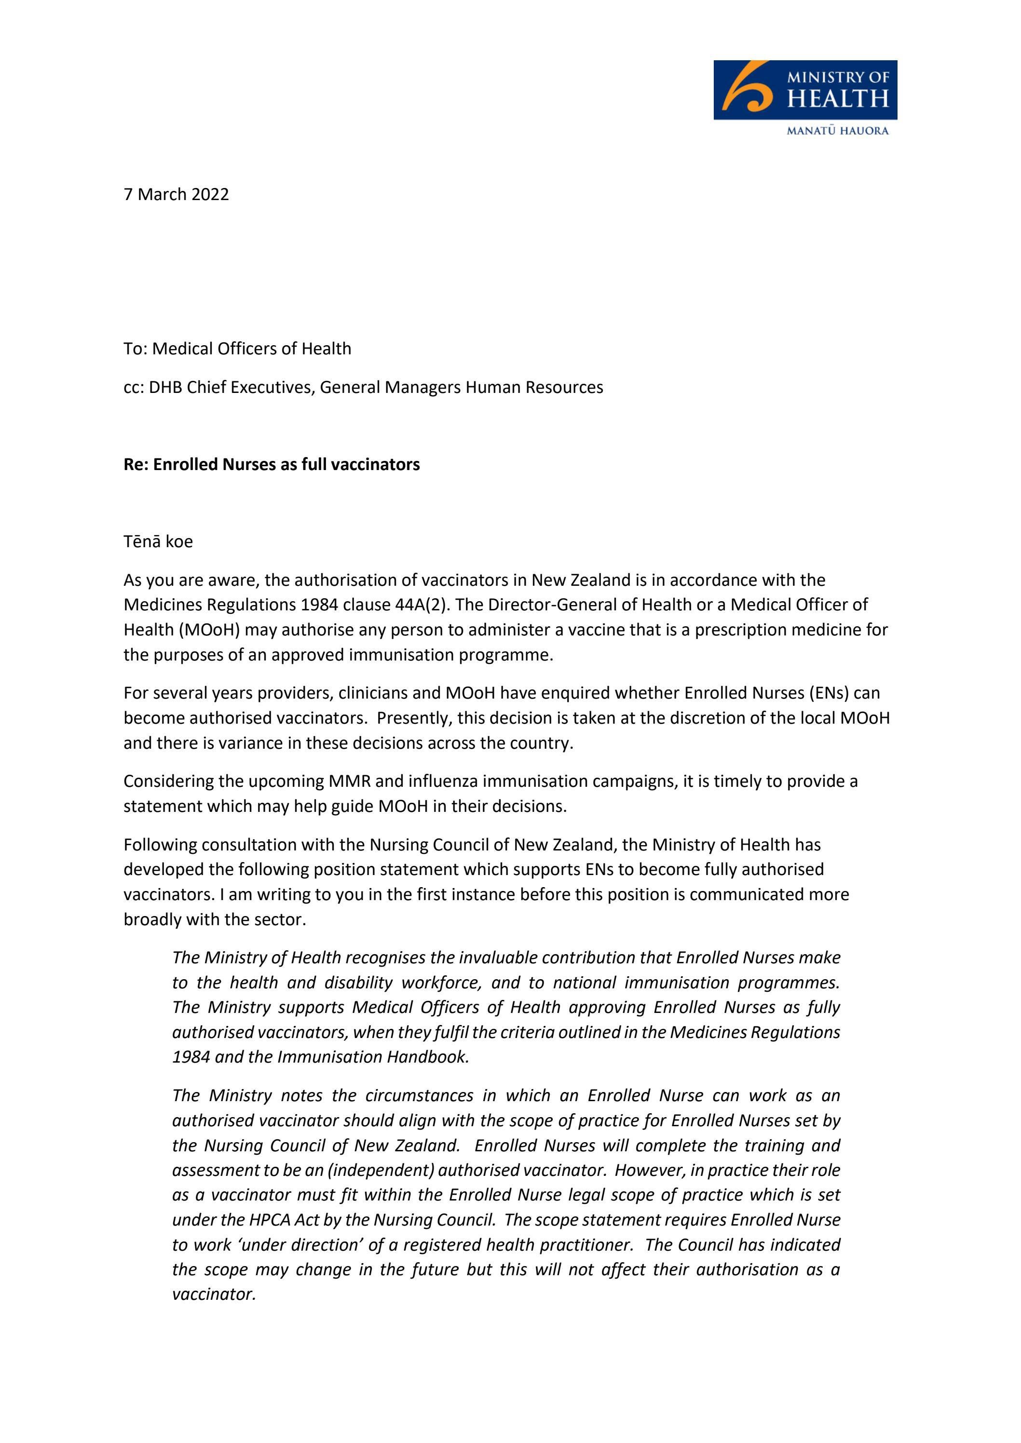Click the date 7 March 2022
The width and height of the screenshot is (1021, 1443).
(x=176, y=194)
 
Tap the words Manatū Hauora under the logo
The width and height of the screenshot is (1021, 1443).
(x=838, y=131)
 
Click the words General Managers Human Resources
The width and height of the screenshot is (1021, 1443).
(x=461, y=387)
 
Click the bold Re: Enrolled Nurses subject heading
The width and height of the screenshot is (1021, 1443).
(x=271, y=464)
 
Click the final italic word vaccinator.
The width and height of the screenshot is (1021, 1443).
(x=214, y=1295)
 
